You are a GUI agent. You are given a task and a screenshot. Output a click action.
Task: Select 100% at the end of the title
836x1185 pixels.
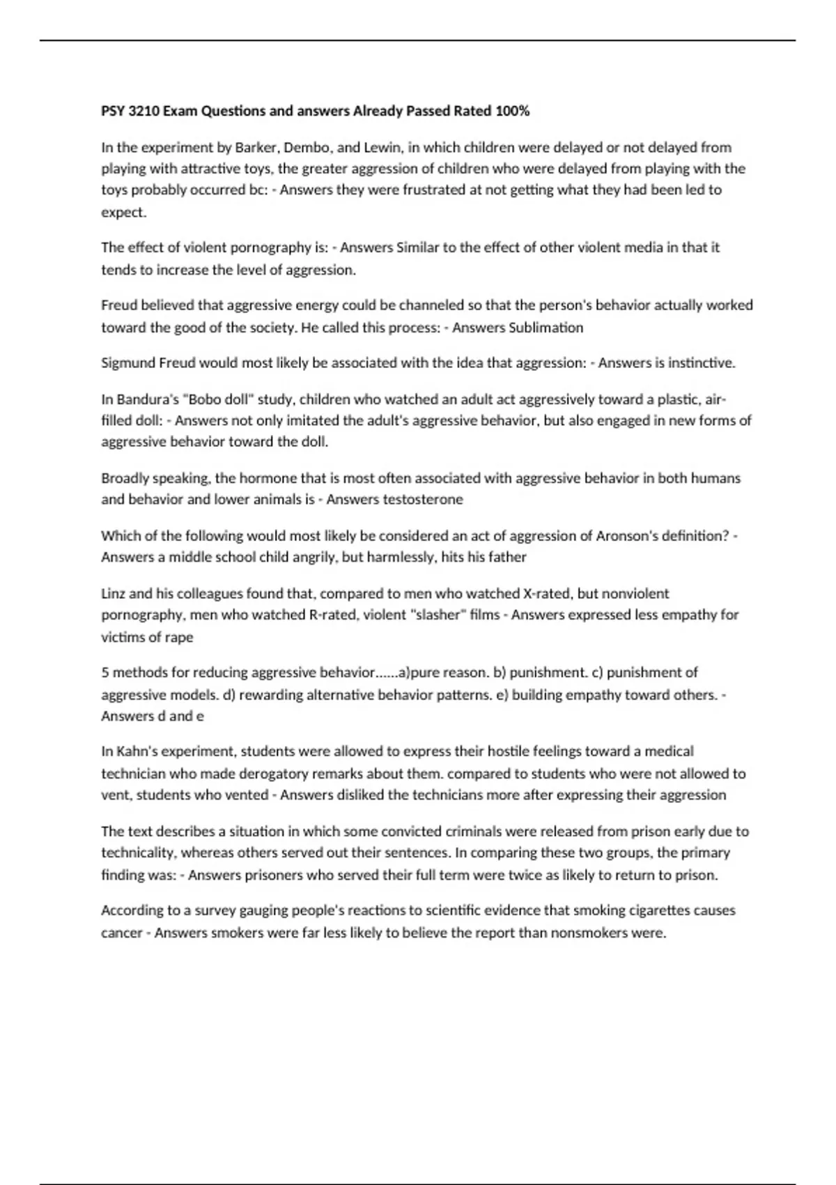click(512, 111)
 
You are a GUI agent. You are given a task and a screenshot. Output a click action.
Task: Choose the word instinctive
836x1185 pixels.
click(701, 362)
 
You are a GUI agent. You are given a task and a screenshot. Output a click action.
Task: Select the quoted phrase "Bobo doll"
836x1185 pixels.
click(219, 399)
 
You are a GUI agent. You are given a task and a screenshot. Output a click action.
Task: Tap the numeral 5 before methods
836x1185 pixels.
click(104, 672)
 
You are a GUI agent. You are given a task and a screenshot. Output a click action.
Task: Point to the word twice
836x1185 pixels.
click(525, 875)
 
